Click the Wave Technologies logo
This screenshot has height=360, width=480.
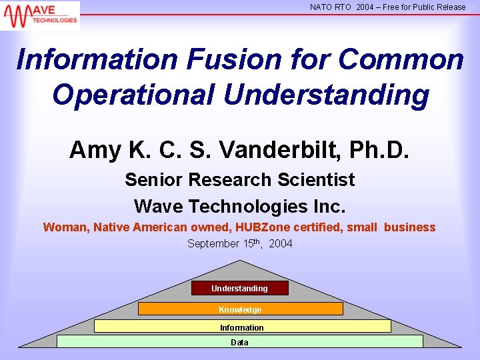(x=40, y=15)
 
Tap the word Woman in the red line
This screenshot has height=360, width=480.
(x=65, y=227)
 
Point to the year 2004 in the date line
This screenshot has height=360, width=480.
(x=281, y=244)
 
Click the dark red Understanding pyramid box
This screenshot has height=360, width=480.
(x=240, y=288)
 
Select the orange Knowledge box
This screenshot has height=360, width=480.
(x=240, y=309)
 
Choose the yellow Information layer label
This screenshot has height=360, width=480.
(x=242, y=327)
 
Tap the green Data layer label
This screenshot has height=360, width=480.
(x=239, y=342)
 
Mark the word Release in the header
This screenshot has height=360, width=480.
(x=451, y=7)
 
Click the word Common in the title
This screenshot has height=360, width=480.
(x=400, y=59)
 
